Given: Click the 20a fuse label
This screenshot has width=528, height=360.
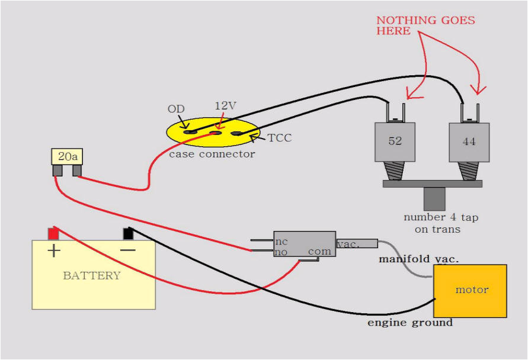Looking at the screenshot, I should [x=67, y=157].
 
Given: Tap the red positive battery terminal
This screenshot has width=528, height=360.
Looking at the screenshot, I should [x=53, y=234].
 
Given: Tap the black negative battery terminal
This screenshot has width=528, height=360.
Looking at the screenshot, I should [x=128, y=234].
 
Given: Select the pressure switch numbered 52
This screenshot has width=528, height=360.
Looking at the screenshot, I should [x=395, y=142].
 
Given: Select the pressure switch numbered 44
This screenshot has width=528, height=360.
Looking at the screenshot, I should [x=469, y=142].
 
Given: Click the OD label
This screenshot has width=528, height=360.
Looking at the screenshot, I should [x=176, y=109].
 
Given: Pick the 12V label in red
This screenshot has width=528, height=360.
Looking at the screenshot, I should [x=225, y=105].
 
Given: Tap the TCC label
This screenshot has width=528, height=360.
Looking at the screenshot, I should [x=280, y=138].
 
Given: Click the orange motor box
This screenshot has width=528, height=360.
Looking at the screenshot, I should [x=471, y=291].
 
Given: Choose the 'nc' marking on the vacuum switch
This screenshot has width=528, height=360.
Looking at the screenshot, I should [x=281, y=242].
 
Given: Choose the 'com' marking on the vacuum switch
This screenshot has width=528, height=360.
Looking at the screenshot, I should [x=319, y=251].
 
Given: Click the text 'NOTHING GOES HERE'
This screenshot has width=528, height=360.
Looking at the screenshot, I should [x=425, y=25].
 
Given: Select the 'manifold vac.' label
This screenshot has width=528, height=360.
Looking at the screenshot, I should [x=419, y=259].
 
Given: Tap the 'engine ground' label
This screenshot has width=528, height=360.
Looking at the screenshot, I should [x=409, y=323].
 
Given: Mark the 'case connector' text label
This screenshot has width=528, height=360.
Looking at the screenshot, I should [x=212, y=154].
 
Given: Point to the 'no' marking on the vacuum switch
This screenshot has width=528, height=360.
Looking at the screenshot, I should [x=281, y=252].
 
